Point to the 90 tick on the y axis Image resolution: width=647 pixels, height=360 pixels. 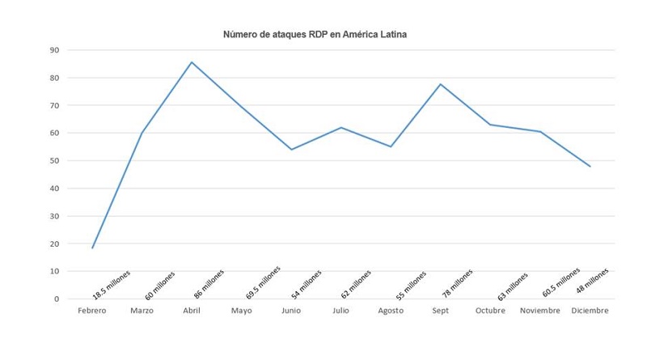point(54,50)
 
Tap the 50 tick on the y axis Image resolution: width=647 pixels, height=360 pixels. point(54,161)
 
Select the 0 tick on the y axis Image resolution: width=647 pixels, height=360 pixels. point(57,299)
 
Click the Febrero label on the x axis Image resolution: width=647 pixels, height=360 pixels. point(92,311)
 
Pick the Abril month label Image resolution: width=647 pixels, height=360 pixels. point(192,311)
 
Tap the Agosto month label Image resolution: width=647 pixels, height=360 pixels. point(391,311)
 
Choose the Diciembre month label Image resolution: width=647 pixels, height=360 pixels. point(590,311)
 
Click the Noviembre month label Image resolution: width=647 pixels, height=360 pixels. point(540,311)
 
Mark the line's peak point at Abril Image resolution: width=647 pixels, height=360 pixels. point(192,62)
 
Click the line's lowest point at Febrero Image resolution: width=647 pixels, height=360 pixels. point(92,248)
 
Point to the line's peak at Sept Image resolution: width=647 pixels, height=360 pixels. point(441,84)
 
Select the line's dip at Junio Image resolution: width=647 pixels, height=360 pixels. point(291,150)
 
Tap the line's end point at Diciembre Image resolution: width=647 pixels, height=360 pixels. point(590,167)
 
